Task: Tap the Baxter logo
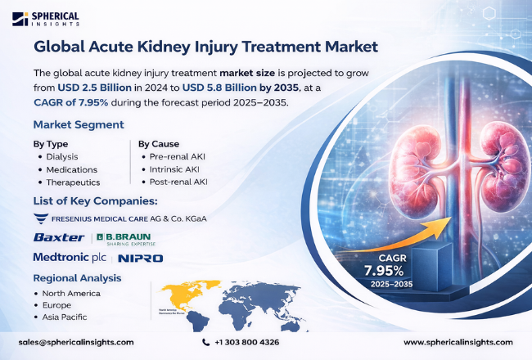coord(59,237)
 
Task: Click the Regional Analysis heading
coord(77,278)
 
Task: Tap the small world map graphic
coord(209,301)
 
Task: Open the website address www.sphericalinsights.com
coord(458,342)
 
